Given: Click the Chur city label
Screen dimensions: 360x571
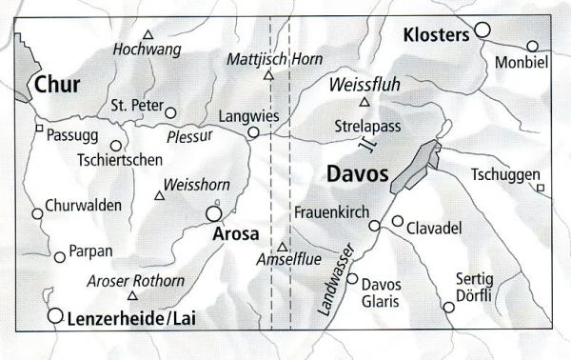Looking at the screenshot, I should (56, 86).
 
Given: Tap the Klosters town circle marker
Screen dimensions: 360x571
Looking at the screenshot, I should (482, 30).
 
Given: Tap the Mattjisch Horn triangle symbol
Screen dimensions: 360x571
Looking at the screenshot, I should (268, 74).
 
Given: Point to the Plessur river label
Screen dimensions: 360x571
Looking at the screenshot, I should (187, 136).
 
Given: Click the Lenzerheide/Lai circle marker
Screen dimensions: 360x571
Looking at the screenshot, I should (55, 315).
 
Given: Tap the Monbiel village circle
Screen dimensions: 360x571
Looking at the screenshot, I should (532, 45).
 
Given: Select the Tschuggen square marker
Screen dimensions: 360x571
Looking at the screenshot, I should (540, 188).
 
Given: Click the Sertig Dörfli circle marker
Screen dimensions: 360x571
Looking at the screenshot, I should (448, 307).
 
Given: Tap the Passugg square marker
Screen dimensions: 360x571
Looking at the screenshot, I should (39, 128).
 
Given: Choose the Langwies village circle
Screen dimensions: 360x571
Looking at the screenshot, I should (253, 133).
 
